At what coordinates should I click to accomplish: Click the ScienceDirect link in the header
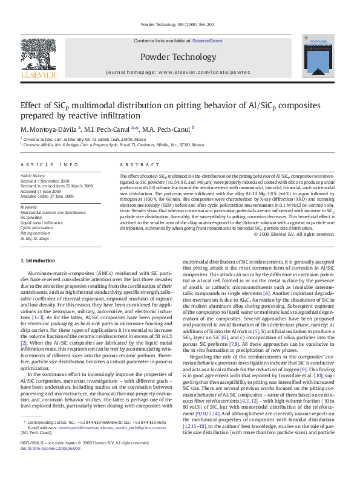208,41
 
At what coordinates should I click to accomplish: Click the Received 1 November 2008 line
45,180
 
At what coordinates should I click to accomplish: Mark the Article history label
34,175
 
